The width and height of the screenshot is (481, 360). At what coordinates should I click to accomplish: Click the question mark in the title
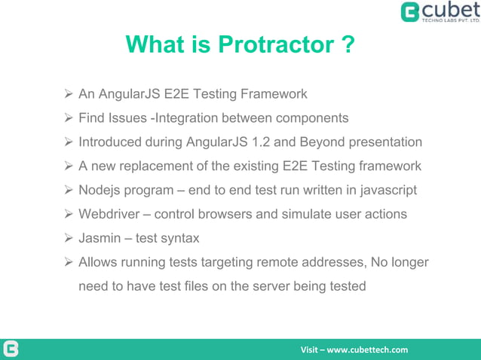[346, 45]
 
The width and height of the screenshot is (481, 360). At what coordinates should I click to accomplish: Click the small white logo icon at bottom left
[11, 349]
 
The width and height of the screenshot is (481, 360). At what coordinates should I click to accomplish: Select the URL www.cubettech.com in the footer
[367, 349]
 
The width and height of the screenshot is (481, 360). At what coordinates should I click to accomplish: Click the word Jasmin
[100, 238]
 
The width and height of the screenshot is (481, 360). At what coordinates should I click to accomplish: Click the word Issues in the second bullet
[127, 118]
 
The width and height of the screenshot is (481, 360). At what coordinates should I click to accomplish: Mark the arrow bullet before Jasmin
[67, 238]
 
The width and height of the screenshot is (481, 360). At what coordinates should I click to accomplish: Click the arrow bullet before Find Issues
[67, 118]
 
